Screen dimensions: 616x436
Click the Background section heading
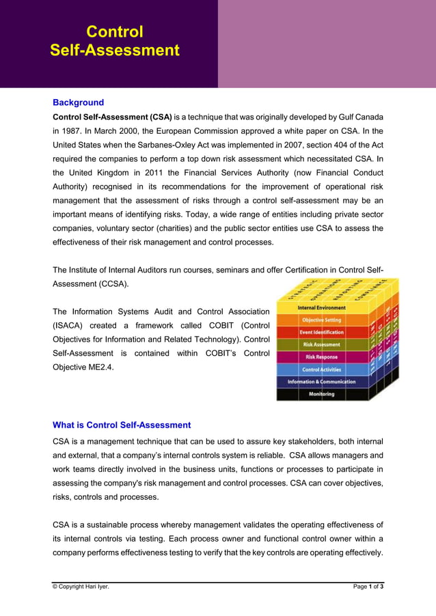pyautogui.click(x=78, y=102)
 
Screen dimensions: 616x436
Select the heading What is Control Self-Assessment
pyautogui.click(x=122, y=425)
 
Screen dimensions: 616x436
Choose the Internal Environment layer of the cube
pyautogui.click(x=321, y=308)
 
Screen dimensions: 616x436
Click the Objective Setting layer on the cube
pyautogui.click(x=321, y=320)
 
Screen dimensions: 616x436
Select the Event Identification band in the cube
pyautogui.click(x=321, y=333)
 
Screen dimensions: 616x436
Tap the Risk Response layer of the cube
pyautogui.click(x=321, y=357)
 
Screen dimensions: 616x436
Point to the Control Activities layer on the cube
pyautogui.click(x=321, y=369)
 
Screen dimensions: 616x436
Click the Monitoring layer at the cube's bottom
pyautogui.click(x=321, y=394)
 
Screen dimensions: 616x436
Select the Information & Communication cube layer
pyautogui.click(x=321, y=382)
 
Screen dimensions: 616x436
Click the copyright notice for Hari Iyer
pyautogui.click(x=81, y=587)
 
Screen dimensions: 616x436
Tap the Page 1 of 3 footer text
pyautogui.click(x=368, y=587)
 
